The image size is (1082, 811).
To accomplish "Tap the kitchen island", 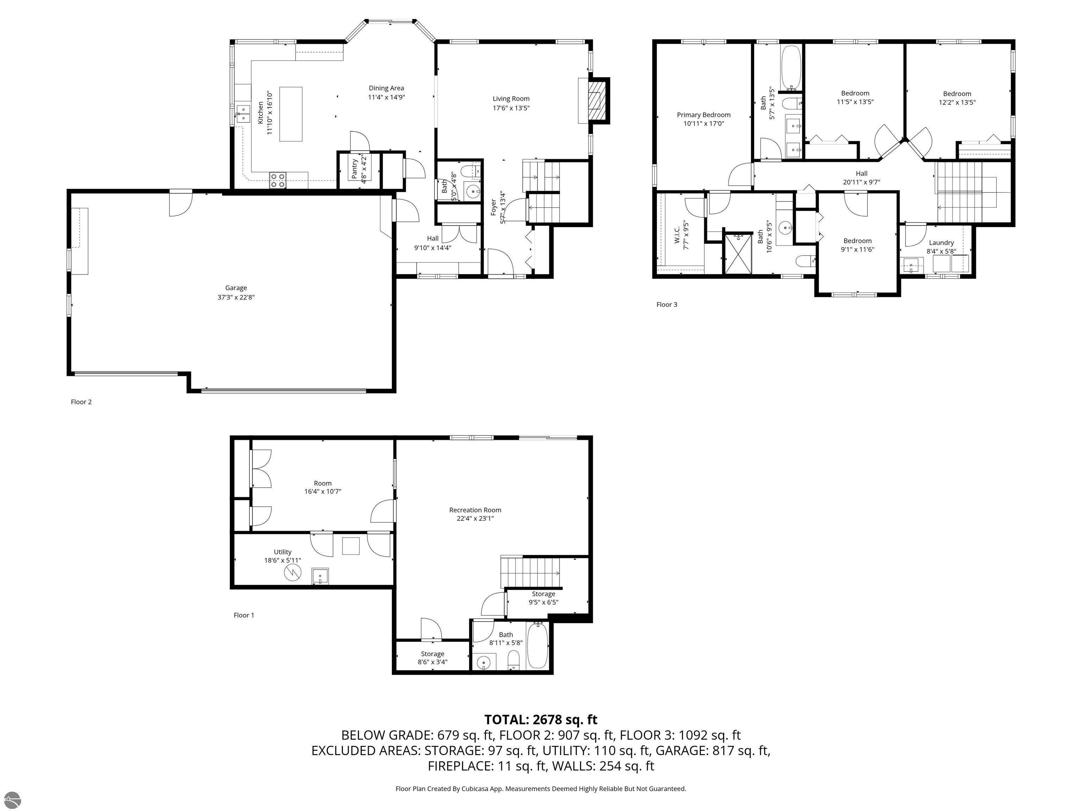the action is [x=291, y=114].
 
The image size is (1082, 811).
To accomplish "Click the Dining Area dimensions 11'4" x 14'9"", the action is [x=386, y=97].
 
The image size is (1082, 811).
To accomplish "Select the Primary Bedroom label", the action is [x=703, y=115].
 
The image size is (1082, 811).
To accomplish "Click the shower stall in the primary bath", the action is [x=738, y=254].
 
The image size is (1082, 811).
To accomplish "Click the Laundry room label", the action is [x=941, y=243].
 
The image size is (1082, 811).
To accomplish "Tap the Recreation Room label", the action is [x=475, y=510].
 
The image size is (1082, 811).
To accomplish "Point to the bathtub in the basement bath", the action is [x=537, y=645].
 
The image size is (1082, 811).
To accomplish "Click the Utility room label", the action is [x=283, y=552].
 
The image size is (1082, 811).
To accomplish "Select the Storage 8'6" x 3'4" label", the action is [x=433, y=658].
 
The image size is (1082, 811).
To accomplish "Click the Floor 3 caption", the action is [x=667, y=304].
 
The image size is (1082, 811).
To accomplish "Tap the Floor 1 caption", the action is [x=244, y=615].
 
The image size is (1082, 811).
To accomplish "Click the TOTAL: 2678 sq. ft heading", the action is [x=541, y=719].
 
